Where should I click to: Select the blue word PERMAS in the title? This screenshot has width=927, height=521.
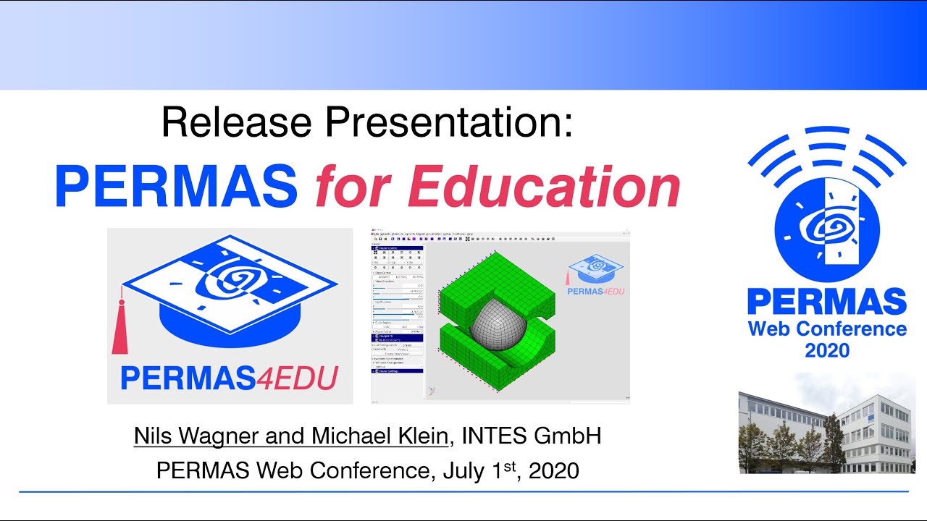(176, 187)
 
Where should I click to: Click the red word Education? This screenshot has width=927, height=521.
(544, 187)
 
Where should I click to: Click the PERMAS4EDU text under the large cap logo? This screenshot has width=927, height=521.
(229, 378)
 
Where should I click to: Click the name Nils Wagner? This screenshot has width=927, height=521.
(206, 436)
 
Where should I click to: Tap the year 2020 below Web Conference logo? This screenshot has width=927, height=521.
(826, 352)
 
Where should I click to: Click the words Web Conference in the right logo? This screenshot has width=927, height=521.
(827, 329)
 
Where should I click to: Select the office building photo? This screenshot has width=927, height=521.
(826, 423)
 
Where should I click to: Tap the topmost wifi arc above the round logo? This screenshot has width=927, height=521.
(826, 131)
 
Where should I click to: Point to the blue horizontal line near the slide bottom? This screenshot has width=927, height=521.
(463, 492)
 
